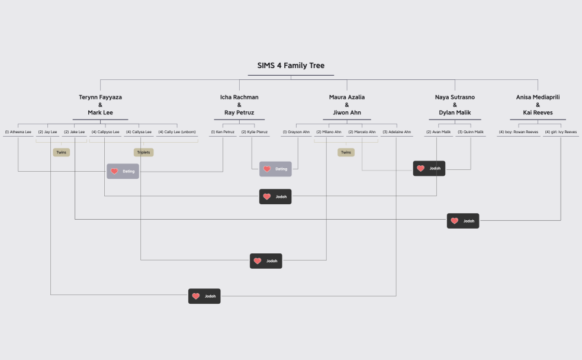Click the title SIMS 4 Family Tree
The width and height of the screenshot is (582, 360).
(x=291, y=66)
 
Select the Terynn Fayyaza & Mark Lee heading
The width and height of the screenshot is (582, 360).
(x=100, y=105)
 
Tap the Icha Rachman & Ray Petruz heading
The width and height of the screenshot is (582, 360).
(x=239, y=105)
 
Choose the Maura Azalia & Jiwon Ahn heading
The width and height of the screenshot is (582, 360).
(x=347, y=105)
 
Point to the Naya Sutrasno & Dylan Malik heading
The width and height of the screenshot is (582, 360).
(x=455, y=105)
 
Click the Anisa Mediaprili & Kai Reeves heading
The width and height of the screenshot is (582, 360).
(x=538, y=105)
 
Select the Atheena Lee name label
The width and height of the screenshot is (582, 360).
(x=18, y=132)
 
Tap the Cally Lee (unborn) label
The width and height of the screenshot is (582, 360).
(x=176, y=132)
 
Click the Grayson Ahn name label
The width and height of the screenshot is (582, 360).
(x=296, y=132)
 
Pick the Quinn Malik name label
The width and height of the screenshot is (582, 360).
(x=471, y=132)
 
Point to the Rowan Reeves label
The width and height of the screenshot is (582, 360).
(x=519, y=132)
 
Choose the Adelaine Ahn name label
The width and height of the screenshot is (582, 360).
(x=396, y=132)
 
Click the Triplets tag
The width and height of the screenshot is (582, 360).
(x=144, y=152)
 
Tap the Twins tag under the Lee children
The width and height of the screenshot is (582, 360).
(x=61, y=152)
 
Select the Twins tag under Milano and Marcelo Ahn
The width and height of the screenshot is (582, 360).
(x=346, y=152)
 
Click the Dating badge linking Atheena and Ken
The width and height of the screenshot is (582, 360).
(x=123, y=171)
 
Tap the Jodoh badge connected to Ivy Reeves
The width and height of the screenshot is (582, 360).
(x=463, y=221)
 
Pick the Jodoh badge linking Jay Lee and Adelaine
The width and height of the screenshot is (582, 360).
(x=204, y=296)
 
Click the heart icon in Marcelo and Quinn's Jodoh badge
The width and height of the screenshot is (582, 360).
(x=420, y=169)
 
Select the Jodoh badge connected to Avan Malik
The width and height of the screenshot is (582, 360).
(x=275, y=197)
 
